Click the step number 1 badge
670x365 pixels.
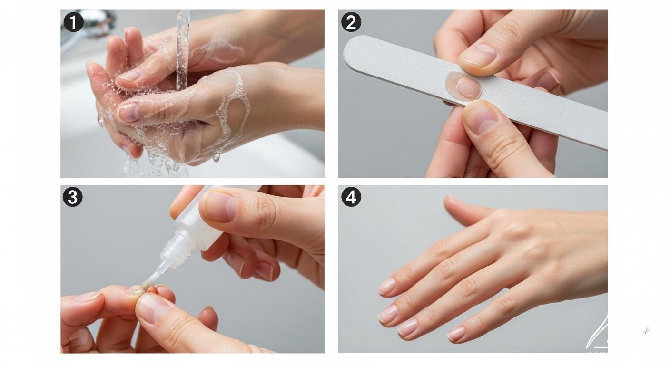(x=73, y=22)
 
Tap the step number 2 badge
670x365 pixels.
(x=351, y=22)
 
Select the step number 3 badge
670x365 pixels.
(x=72, y=197)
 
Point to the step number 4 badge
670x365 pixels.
(x=351, y=197)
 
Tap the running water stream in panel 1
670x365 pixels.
(x=183, y=48)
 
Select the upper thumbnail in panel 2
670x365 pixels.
(x=479, y=55)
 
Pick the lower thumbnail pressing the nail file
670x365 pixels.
(x=481, y=118)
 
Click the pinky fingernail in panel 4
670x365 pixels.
(x=456, y=334)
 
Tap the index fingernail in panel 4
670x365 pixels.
(x=386, y=287)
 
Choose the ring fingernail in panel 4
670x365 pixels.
(x=407, y=327)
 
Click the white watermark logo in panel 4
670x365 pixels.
(x=597, y=333)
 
